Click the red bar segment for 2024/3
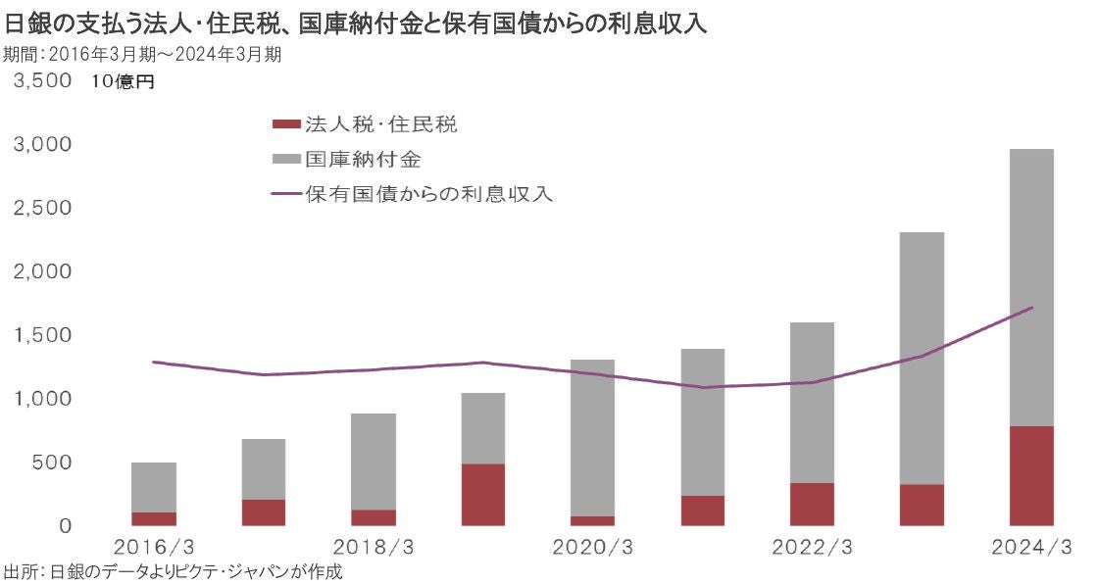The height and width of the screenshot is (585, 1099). point(1030,475)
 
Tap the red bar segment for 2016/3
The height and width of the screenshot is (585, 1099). point(153,518)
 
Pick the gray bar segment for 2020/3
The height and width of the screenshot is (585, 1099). point(592,438)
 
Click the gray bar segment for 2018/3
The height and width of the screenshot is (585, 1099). point(373,462)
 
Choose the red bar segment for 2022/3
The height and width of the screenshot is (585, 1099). point(812,504)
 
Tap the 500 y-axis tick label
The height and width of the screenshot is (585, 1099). point(49,462)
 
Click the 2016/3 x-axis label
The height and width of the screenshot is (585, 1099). point(153,547)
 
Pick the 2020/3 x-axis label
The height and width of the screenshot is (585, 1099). point(592,547)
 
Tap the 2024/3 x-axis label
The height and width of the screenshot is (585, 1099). point(1030,547)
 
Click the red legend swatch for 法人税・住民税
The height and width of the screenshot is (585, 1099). point(284,124)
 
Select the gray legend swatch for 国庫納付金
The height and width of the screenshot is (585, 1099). point(284,159)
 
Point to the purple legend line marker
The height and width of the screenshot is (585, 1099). point(284,193)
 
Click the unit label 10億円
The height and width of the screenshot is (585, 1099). point(122,82)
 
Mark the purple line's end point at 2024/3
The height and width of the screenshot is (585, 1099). point(1031,308)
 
